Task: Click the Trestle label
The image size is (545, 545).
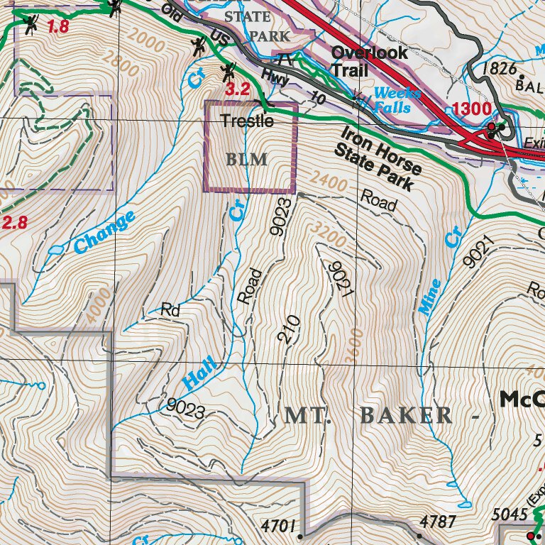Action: [247, 121]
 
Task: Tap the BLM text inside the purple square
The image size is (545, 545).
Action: [247, 159]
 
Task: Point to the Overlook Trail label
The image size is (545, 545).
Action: [369, 61]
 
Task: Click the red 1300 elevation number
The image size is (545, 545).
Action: [471, 109]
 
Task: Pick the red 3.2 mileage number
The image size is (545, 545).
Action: [238, 89]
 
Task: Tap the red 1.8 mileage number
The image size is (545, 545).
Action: [58, 28]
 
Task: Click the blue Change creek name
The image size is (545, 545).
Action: [104, 233]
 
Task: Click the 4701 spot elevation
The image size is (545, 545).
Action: [277, 526]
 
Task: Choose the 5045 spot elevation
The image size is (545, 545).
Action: [509, 514]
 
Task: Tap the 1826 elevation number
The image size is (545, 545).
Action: [497, 69]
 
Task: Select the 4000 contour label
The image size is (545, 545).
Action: [99, 306]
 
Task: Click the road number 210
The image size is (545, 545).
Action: [288, 330]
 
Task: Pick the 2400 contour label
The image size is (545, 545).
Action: [327, 181]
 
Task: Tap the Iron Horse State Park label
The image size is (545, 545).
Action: [380, 159]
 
